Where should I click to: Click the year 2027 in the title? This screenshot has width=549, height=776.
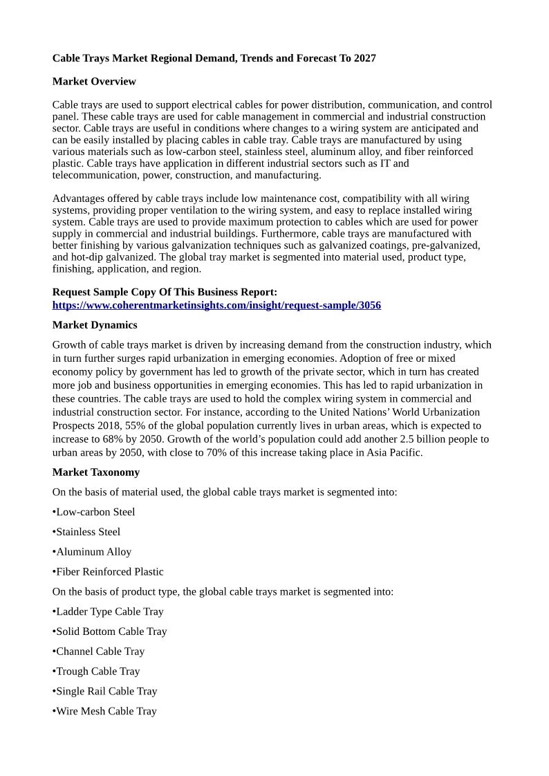click(364, 58)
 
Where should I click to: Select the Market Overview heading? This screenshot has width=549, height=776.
click(94, 82)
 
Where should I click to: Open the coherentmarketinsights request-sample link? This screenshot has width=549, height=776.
click(216, 305)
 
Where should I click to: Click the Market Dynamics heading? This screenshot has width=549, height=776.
click(95, 325)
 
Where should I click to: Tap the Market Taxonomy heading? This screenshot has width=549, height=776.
click(96, 472)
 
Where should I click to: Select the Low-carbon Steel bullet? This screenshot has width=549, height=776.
click(95, 512)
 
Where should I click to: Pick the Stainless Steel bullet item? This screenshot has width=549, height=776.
click(88, 532)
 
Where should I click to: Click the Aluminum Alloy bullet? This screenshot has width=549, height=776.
click(93, 552)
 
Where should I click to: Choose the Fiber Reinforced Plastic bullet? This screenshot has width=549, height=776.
click(109, 572)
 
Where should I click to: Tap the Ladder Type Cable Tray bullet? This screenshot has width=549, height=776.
click(109, 612)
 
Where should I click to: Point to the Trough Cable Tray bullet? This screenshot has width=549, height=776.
click(97, 672)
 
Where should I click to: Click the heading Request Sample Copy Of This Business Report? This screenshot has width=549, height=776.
click(165, 293)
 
